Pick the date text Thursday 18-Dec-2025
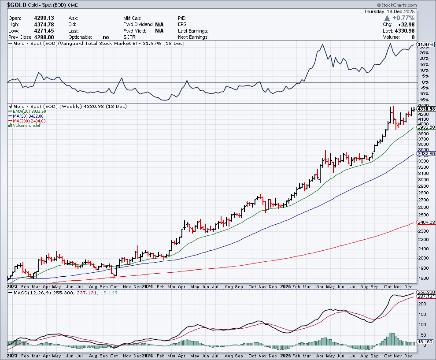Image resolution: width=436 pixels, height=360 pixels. [x=399, y=12]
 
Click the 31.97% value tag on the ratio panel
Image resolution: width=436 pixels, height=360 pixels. [x=425, y=45]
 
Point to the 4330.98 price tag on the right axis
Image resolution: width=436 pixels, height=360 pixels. [x=425, y=109]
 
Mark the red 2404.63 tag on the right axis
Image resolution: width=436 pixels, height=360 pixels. [x=425, y=223]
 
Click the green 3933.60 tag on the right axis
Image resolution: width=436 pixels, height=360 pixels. [x=425, y=127]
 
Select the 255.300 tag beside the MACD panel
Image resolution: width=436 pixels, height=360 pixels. [x=425, y=293]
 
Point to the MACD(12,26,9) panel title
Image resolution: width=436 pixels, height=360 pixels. [x=25, y=292]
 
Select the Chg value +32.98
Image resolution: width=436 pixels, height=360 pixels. [x=421, y=24]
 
